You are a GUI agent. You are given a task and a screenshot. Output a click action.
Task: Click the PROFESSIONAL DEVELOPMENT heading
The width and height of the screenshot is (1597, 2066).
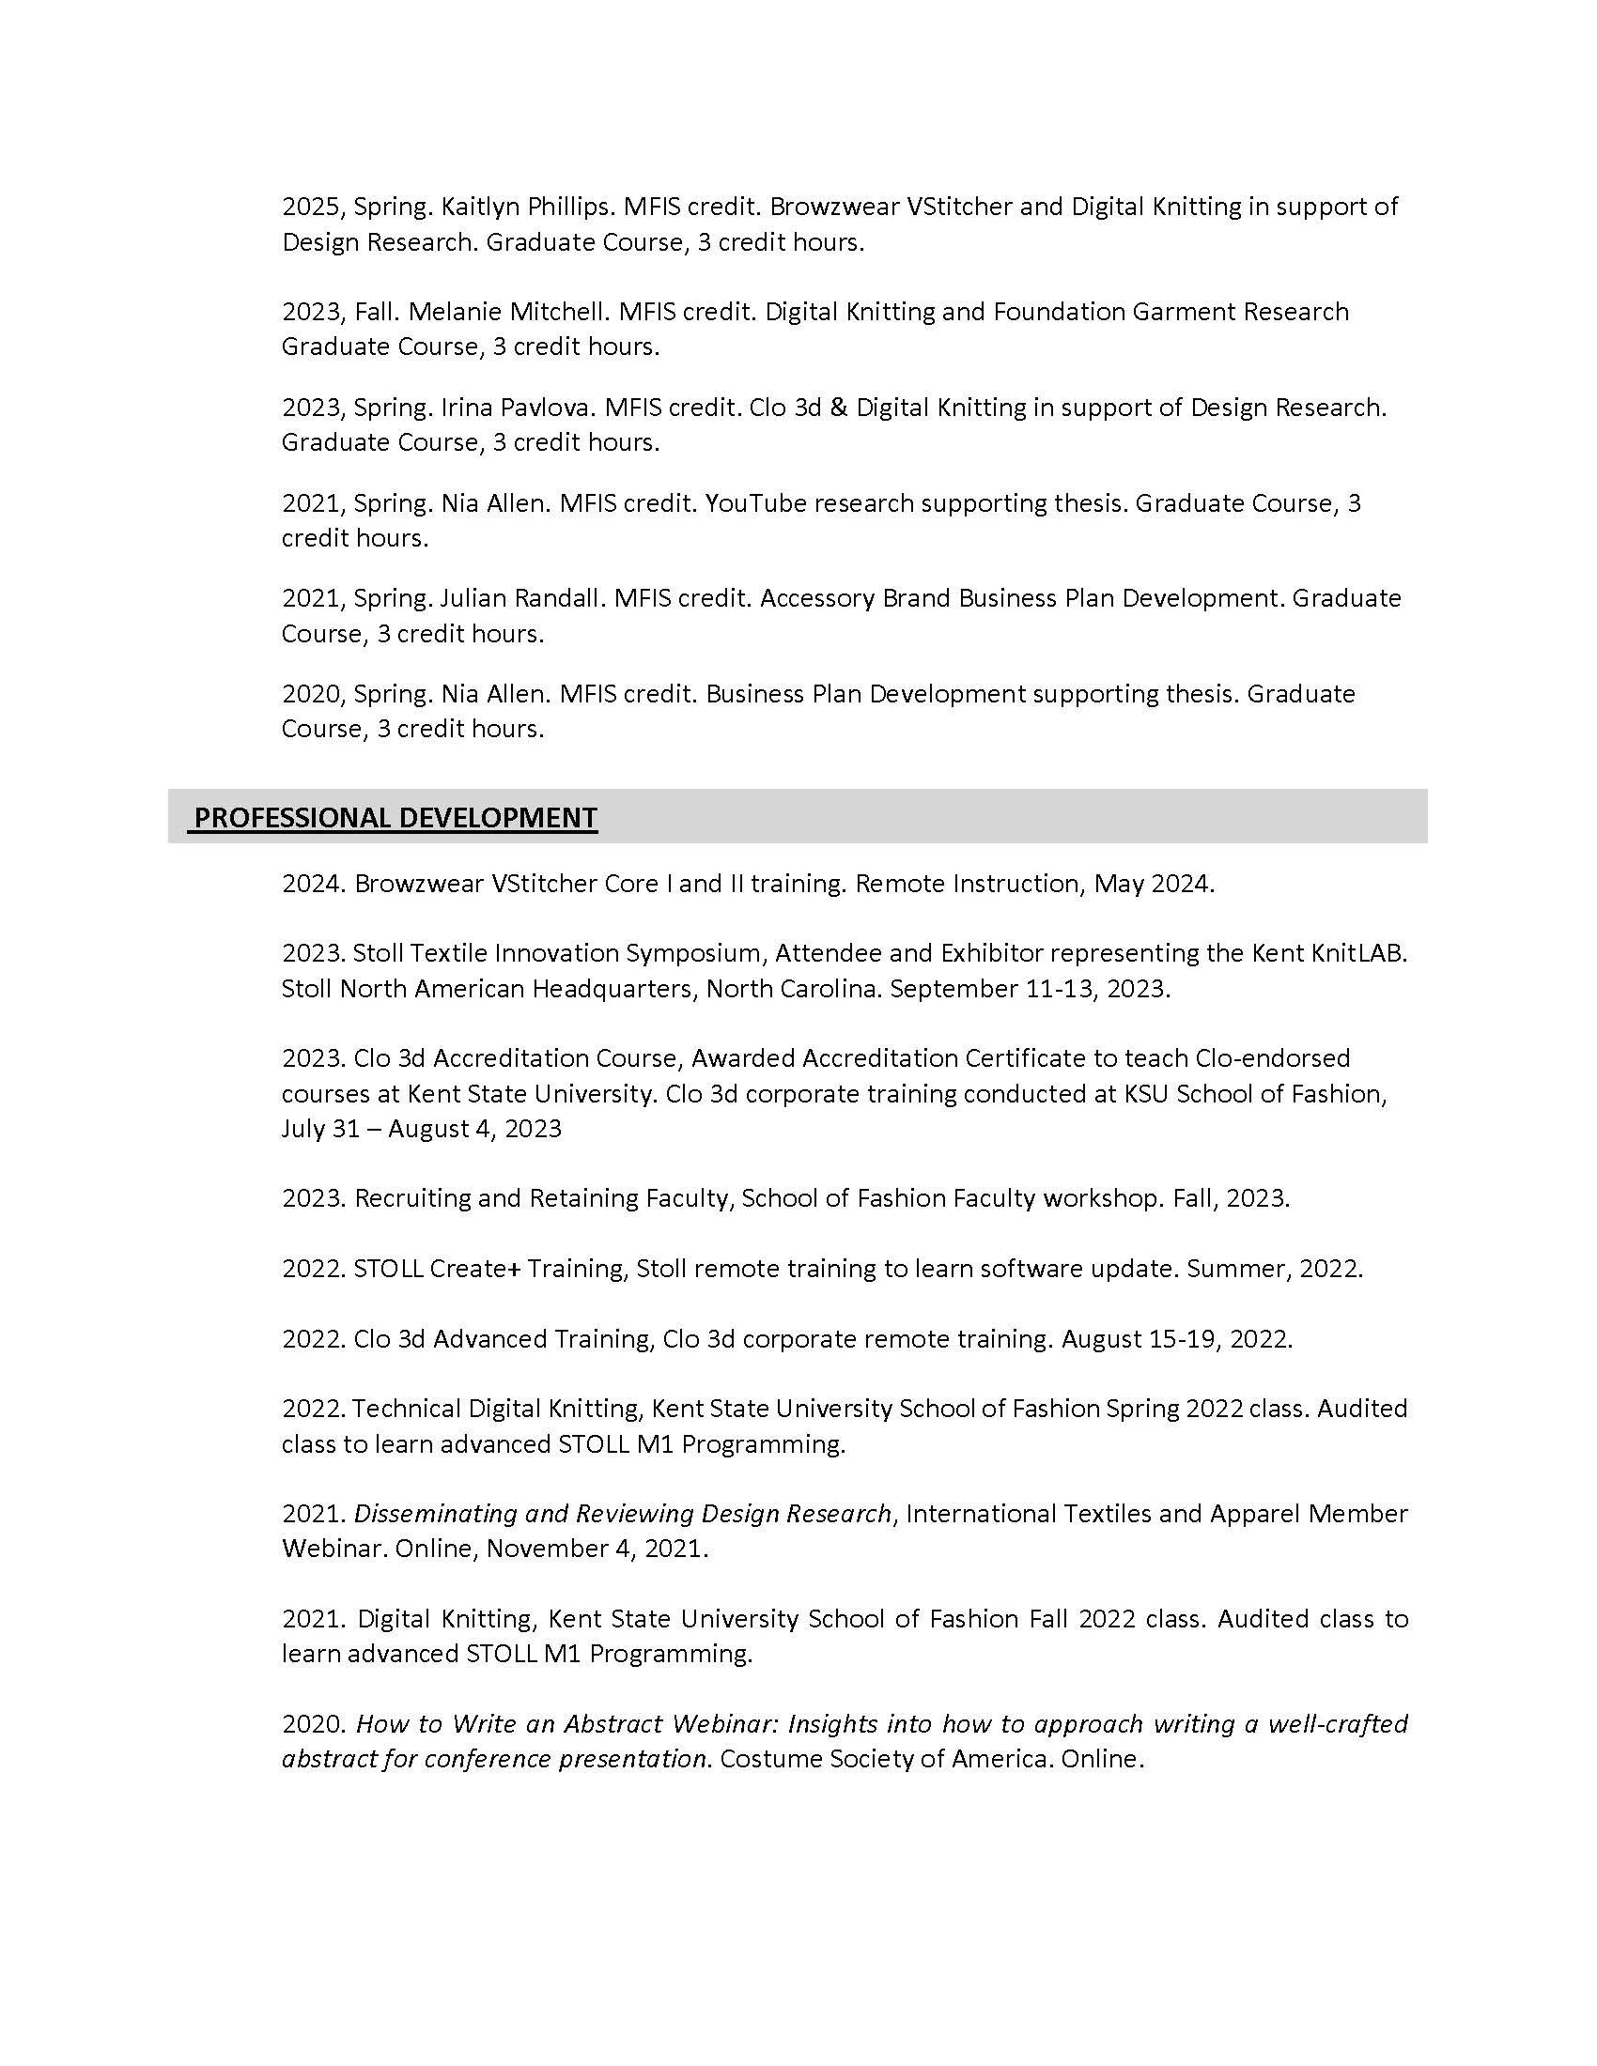[395, 817]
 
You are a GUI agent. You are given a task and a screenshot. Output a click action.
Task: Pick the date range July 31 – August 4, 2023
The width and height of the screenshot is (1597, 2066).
[421, 1129]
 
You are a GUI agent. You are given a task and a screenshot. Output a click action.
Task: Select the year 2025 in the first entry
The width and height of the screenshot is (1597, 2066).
[311, 207]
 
